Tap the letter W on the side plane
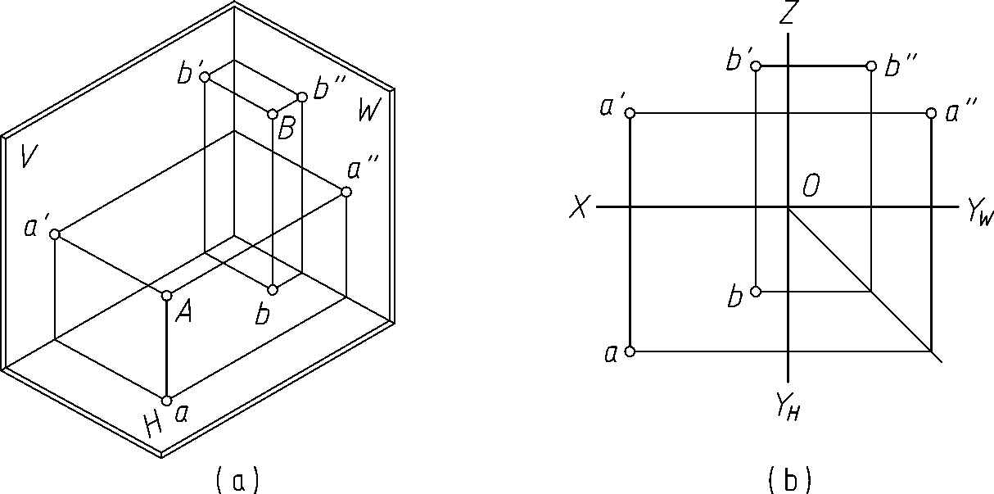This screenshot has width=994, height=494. (x=368, y=109)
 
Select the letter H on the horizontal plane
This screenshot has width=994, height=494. (x=152, y=424)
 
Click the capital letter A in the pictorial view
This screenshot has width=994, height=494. (x=183, y=312)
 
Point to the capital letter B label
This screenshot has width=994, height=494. (x=286, y=129)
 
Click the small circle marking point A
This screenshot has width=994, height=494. (x=166, y=295)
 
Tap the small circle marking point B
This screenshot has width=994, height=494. (x=273, y=114)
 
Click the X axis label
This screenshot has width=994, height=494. (x=579, y=209)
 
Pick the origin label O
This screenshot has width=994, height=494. (x=811, y=188)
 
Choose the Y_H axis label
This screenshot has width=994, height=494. (x=787, y=404)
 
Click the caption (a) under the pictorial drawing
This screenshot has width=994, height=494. (x=237, y=478)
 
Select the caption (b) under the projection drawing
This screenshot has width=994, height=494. (x=789, y=478)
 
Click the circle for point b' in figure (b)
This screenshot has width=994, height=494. (x=756, y=66)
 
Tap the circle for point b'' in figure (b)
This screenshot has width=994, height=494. (x=870, y=66)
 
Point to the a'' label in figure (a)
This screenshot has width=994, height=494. (x=362, y=170)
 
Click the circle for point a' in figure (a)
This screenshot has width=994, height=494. (x=55, y=234)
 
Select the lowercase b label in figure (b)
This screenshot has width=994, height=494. (x=734, y=296)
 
